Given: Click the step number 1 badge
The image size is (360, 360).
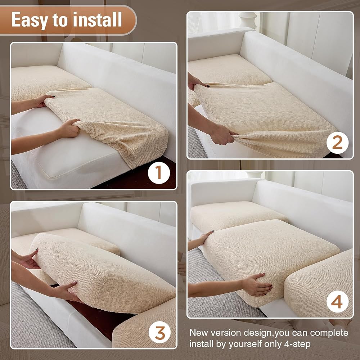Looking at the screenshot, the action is tap(159, 173).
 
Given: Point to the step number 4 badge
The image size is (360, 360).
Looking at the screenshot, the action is tap(337, 301).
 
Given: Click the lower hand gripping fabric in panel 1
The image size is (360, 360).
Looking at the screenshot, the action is tap(68, 129).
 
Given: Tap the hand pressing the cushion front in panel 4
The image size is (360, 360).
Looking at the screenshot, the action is tap(257, 284).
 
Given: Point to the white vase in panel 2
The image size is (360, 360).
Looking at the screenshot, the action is tap(248, 20).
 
